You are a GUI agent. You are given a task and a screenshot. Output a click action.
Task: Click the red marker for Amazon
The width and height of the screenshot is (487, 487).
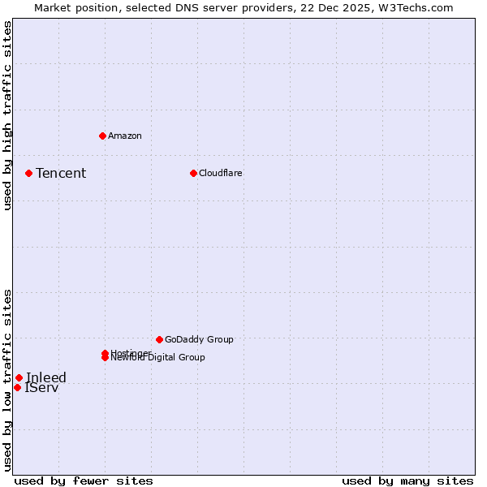[x=102, y=136]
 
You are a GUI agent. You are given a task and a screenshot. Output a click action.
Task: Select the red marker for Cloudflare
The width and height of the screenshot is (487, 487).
[x=193, y=173]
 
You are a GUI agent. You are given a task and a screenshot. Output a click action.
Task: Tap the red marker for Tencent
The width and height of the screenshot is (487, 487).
[x=28, y=173]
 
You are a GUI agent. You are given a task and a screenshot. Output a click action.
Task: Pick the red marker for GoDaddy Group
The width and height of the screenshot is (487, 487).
[x=159, y=339]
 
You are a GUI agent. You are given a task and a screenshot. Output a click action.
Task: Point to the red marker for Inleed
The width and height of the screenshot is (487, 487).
[x=19, y=377]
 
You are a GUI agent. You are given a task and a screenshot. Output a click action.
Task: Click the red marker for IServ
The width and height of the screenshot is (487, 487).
[x=17, y=387]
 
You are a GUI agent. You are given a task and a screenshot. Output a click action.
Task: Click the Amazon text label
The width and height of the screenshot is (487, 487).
[x=124, y=136]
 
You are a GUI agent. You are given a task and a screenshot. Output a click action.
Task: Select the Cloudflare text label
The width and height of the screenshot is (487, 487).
[x=220, y=173]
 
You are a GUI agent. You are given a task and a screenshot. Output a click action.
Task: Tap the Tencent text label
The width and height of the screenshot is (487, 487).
[x=61, y=173]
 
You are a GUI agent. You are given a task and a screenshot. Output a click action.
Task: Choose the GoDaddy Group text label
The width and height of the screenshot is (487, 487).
[x=199, y=339]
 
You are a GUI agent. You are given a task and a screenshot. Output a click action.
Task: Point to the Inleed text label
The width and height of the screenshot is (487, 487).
[x=46, y=377]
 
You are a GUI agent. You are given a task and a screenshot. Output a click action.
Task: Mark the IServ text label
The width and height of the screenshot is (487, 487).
[x=41, y=388]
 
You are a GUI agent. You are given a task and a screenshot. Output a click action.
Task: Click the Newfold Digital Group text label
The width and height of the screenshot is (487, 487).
[x=158, y=358]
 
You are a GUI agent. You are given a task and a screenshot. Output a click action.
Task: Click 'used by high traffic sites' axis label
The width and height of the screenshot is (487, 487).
[x=7, y=115]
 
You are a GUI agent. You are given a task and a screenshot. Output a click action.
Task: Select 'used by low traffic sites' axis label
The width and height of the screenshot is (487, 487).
[x=7, y=379]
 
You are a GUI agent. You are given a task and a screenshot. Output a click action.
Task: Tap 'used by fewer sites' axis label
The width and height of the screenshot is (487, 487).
[x=84, y=481]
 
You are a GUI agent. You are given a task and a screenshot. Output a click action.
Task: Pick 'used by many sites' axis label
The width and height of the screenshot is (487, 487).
[x=407, y=481]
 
